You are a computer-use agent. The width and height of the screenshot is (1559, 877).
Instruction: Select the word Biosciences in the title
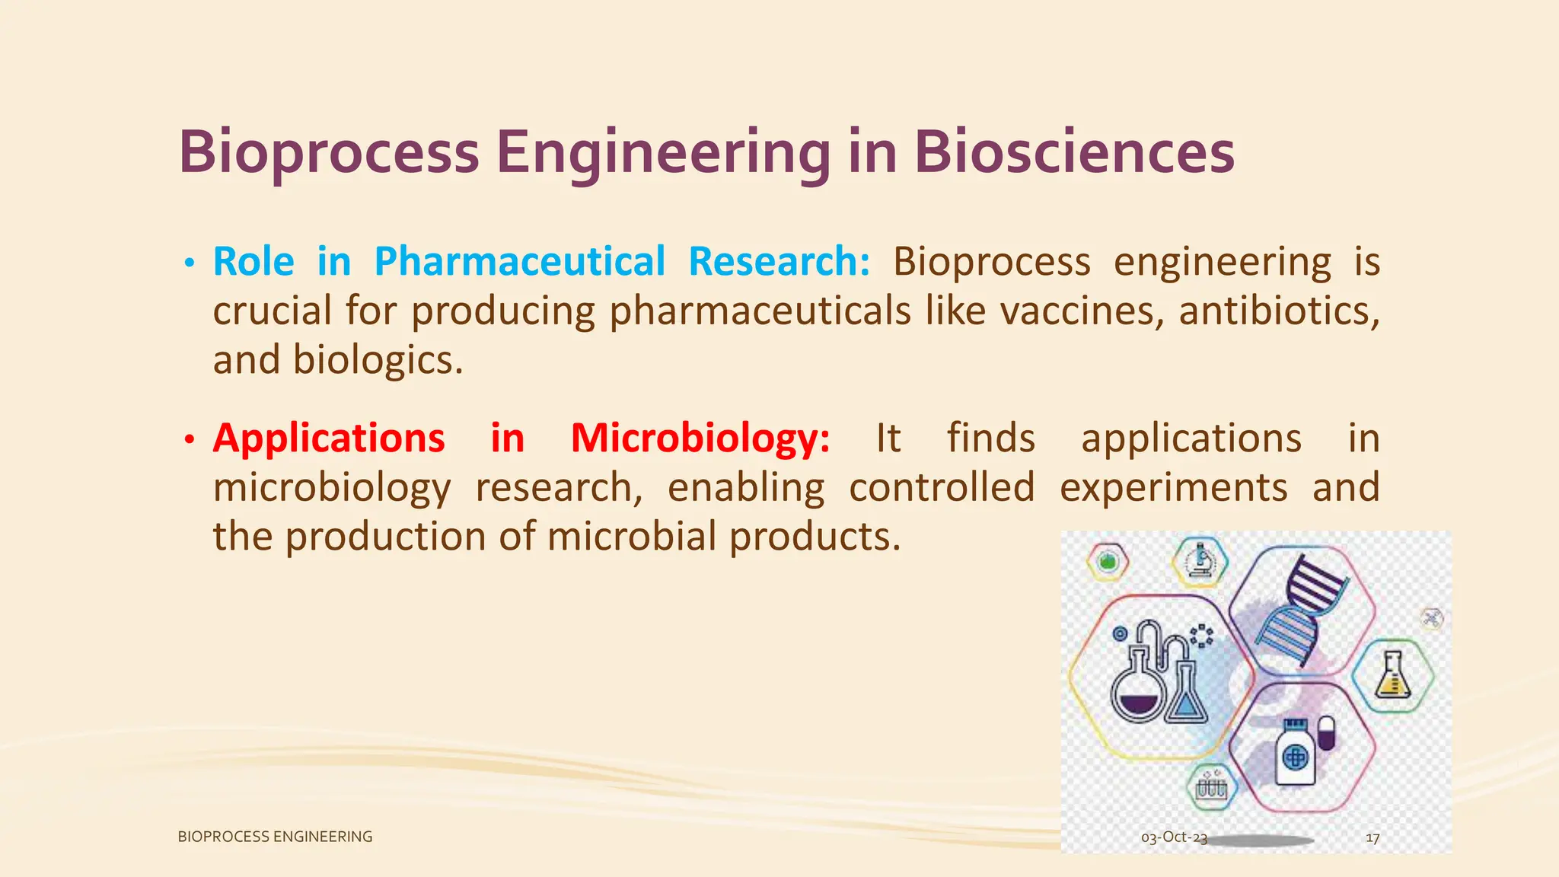[1073, 153]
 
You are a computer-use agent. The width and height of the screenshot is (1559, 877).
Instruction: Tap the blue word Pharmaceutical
[520, 262]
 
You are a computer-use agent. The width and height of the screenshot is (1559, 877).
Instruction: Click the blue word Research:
[779, 262]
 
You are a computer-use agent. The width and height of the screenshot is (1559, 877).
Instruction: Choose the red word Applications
[329, 438]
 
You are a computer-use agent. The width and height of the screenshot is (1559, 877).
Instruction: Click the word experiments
[1173, 487]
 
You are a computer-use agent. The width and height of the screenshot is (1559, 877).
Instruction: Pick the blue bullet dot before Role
[190, 264]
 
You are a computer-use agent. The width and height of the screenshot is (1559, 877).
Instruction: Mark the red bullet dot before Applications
[190, 440]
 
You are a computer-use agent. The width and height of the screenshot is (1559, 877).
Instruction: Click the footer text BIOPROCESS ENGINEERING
[275, 837]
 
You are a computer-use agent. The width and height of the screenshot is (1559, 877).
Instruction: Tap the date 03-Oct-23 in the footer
[1174, 837]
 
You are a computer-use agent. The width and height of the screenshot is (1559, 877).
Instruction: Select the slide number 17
[1372, 838]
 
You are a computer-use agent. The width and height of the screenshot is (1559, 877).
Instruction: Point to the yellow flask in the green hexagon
[1392, 675]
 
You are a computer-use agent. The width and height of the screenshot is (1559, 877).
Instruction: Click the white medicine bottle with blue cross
[1296, 754]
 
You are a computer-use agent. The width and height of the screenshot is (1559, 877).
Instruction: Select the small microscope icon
[1200, 562]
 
